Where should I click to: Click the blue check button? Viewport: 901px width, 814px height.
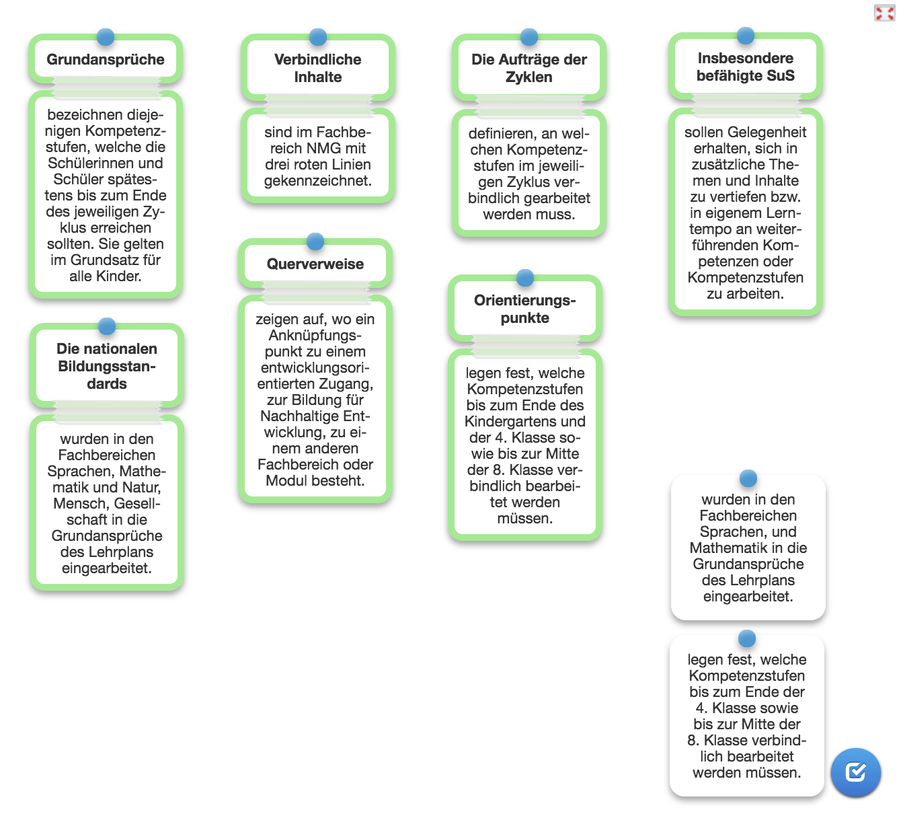click(855, 772)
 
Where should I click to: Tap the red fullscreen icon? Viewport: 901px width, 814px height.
click(884, 13)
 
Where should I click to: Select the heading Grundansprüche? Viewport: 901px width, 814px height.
click(106, 59)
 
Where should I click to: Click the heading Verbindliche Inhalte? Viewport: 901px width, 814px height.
click(317, 68)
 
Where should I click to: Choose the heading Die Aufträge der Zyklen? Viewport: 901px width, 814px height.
click(529, 68)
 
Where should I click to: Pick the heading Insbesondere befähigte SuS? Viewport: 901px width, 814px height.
click(745, 67)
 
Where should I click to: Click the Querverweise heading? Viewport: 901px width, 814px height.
click(315, 264)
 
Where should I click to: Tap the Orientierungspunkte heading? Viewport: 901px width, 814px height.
click(524, 309)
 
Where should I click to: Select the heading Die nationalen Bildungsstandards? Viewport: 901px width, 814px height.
click(107, 366)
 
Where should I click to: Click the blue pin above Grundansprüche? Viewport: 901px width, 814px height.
click(106, 37)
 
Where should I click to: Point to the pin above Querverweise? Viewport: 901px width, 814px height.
click(315, 241)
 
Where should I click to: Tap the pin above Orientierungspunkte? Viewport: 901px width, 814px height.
click(525, 277)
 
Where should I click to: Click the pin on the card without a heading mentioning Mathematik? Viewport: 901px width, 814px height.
click(748, 478)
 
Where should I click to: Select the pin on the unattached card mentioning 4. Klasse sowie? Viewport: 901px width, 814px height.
click(747, 638)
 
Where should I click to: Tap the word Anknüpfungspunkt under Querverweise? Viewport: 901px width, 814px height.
click(315, 343)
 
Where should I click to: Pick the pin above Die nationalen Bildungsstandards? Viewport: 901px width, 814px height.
click(107, 326)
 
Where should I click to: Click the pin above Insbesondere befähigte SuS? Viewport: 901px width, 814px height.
click(745, 35)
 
